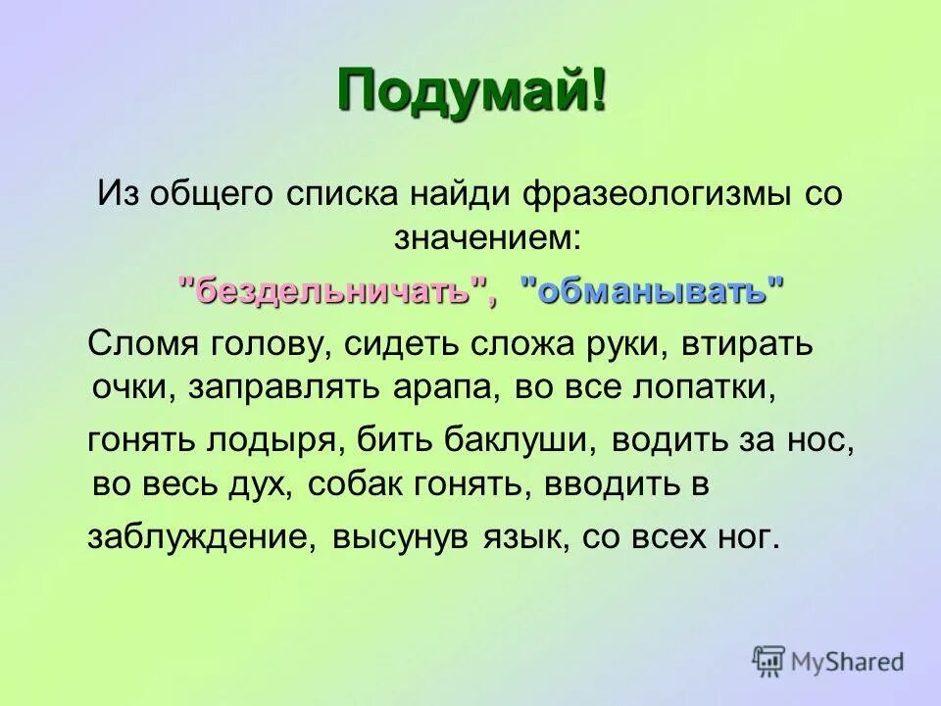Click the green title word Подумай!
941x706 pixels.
[x=471, y=93]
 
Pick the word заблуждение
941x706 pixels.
[x=202, y=538]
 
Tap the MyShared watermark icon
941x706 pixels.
[x=769, y=661]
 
